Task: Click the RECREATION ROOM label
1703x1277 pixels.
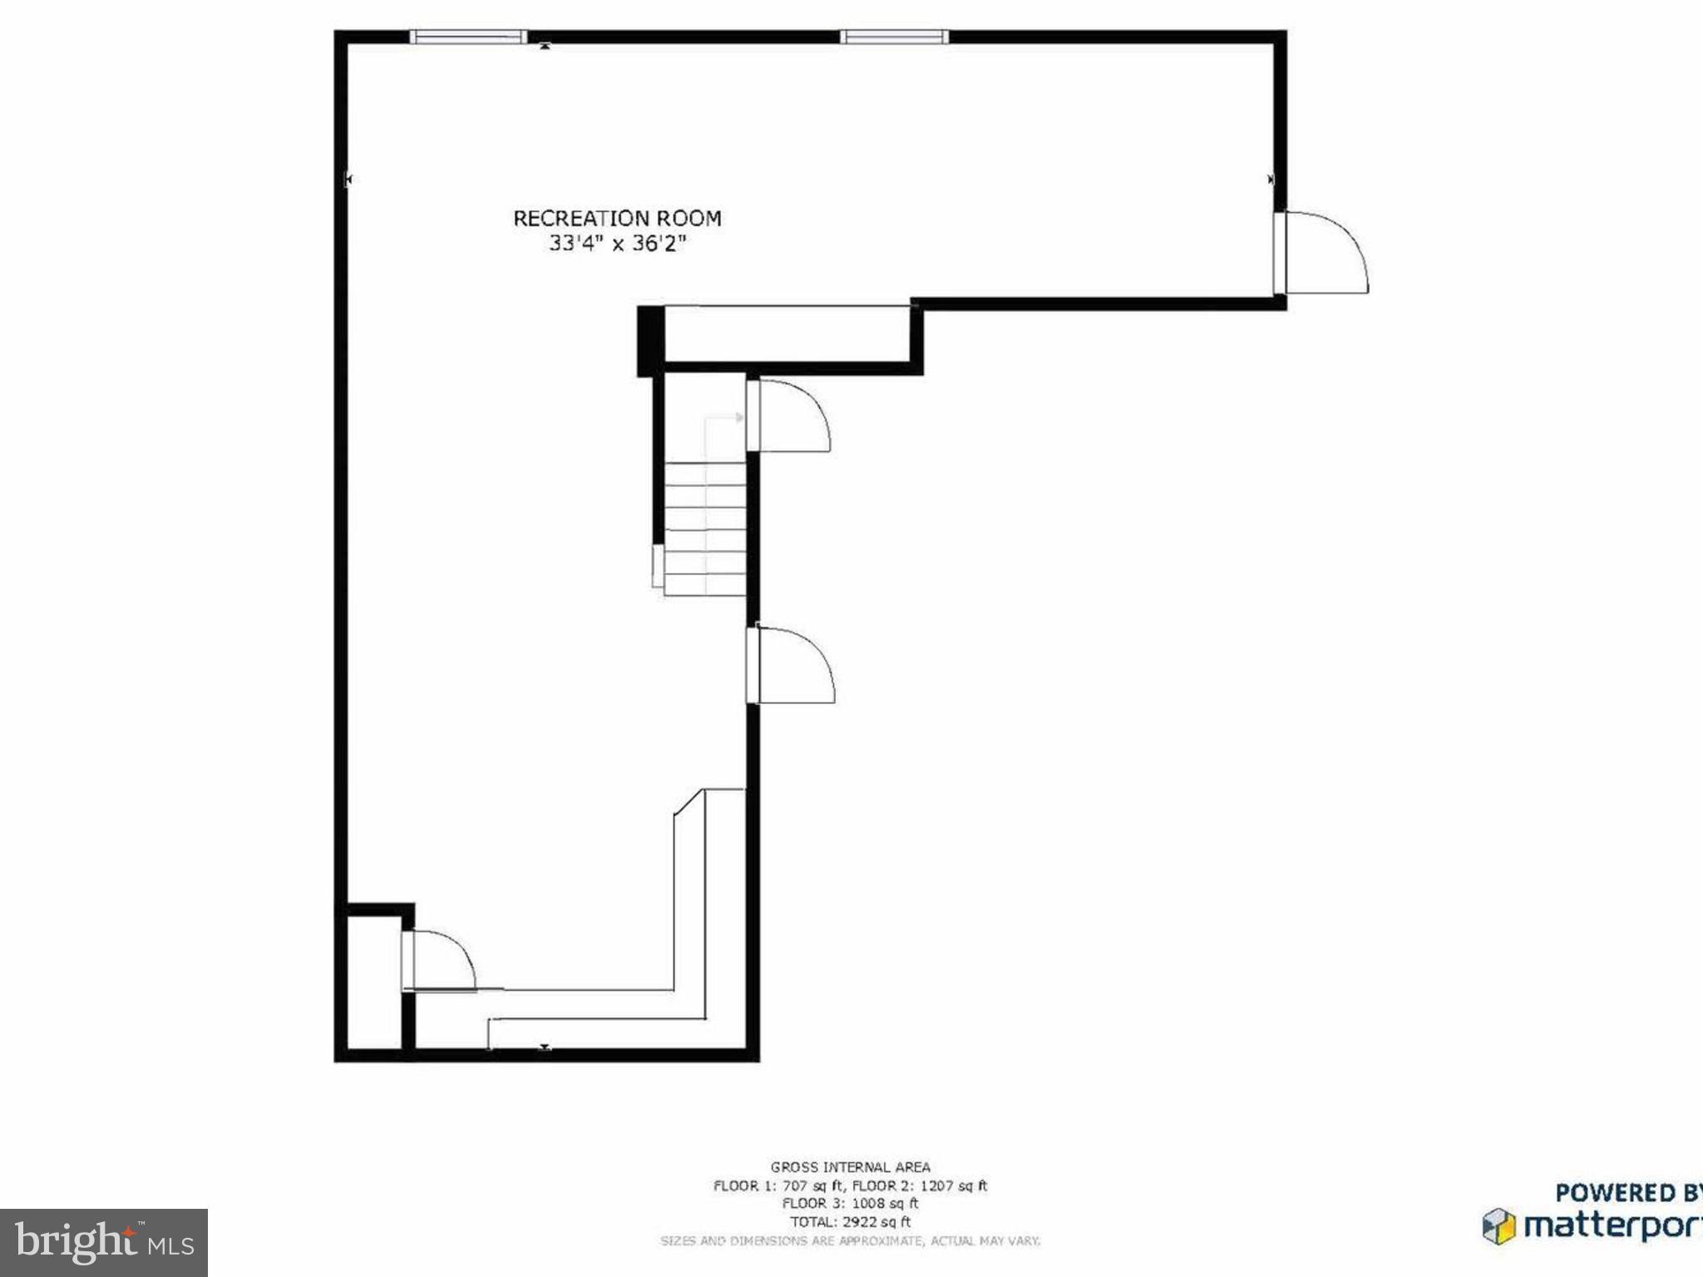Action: [x=617, y=219]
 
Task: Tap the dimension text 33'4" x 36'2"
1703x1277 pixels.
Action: [x=617, y=244]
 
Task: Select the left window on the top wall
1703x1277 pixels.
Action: [x=468, y=37]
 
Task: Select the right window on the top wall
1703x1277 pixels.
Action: [x=894, y=37]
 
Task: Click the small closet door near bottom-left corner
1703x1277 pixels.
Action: [x=438, y=960]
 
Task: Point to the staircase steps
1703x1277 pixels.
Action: [x=705, y=529]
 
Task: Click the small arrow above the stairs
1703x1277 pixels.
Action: [x=738, y=417]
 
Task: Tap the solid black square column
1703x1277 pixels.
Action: [x=650, y=341]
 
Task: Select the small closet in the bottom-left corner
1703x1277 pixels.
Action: [x=373, y=982]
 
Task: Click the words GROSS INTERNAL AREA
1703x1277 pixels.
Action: [x=850, y=1167]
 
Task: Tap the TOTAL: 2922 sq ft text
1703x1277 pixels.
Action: [x=850, y=1222]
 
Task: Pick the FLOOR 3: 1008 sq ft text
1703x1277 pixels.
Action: [x=850, y=1204]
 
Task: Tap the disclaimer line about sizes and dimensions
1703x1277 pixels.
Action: [x=850, y=1241]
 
